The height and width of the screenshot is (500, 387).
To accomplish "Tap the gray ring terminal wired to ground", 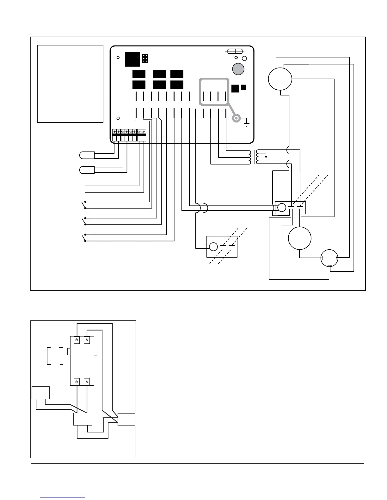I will click(236, 118).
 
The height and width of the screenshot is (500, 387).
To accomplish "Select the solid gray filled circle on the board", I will click(238, 69).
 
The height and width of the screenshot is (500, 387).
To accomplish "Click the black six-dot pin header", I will click(145, 58).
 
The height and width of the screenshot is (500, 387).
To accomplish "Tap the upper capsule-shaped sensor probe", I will click(87, 155).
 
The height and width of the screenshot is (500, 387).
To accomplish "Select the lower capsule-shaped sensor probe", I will click(87, 170).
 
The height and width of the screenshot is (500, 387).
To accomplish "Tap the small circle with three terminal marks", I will click(329, 258).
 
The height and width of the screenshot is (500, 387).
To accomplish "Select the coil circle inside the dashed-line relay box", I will click(213, 247).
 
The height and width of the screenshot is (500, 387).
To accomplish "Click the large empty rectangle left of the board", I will click(70, 84).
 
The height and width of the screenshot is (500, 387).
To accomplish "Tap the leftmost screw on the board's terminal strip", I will click(114, 131).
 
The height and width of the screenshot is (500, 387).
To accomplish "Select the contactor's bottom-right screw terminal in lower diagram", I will click(87, 382).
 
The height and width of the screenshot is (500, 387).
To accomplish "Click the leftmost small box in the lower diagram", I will click(40, 393).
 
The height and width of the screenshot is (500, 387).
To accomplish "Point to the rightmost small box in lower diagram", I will click(126, 420).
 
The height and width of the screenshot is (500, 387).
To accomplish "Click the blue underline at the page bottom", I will click(63, 497).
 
